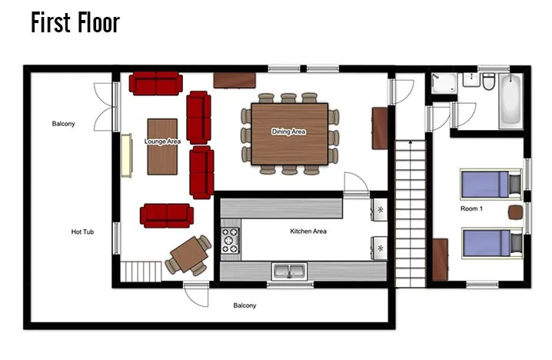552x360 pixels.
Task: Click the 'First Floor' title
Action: tap(75, 22)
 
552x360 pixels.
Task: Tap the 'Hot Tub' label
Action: tap(82, 232)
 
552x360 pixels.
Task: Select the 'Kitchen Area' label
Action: tap(308, 231)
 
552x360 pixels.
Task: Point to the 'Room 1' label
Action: tap(471, 208)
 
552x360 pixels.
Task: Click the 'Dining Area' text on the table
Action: tap(288, 132)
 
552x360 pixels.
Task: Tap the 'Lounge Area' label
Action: tap(162, 142)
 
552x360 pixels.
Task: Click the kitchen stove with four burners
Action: tap(230, 240)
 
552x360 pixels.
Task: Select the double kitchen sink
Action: tap(289, 272)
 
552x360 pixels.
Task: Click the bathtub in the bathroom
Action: tap(510, 101)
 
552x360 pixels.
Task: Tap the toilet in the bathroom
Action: tap(489, 82)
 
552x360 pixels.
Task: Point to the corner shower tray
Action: tap(444, 83)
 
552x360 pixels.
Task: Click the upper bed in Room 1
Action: tap(490, 184)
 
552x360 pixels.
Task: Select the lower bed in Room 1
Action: tap(491, 243)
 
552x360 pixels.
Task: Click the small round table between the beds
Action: tap(515, 212)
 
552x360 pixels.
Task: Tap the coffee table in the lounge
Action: tap(162, 146)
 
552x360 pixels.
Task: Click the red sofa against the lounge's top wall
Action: tap(155, 84)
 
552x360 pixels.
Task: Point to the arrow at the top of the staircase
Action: tap(411, 142)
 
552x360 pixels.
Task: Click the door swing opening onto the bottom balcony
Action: tap(196, 294)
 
